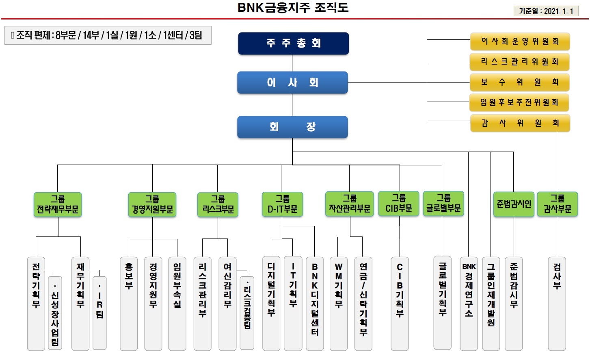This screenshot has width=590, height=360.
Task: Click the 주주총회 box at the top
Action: (x=293, y=43)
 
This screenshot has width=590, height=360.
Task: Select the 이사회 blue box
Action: (x=292, y=82)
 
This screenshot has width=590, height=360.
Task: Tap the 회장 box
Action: (x=292, y=127)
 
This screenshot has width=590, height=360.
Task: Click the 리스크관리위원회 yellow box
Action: (x=519, y=62)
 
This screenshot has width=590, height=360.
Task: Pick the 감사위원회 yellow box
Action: (x=520, y=123)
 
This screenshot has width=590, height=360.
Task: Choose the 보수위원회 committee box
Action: (x=519, y=82)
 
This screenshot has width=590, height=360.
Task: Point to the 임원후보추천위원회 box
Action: (x=519, y=102)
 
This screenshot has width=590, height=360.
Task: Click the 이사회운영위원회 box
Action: (x=520, y=41)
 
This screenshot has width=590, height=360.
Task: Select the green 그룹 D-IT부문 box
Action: (x=282, y=204)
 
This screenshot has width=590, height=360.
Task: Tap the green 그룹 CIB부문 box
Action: (x=398, y=204)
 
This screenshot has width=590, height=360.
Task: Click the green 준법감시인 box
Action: (x=514, y=204)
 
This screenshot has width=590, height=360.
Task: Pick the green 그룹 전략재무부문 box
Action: (x=58, y=204)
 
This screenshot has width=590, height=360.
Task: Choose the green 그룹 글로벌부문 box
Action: (x=443, y=204)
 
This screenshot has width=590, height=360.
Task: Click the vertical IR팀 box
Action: (x=99, y=313)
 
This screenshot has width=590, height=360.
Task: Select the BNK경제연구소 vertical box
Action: (x=469, y=303)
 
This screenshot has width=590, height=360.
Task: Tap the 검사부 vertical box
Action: (x=557, y=303)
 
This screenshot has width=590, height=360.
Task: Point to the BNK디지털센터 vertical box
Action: (x=315, y=303)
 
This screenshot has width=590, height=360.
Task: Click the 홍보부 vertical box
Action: (x=129, y=303)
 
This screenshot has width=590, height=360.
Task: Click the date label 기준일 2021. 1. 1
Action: (x=546, y=11)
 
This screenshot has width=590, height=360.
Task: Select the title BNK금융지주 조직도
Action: (x=293, y=8)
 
